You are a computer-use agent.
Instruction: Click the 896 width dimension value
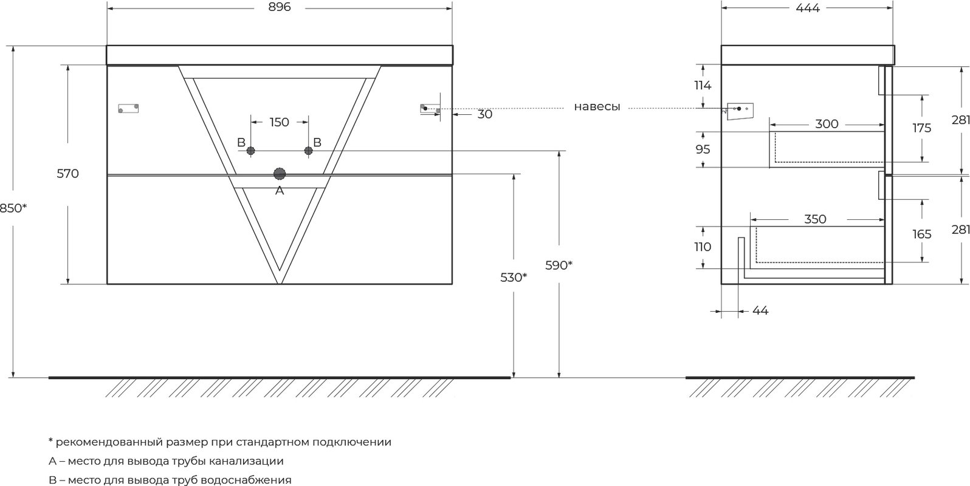pos(280,7)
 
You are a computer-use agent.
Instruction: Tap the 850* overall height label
pos(13,208)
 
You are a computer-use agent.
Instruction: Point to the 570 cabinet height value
pos(68,174)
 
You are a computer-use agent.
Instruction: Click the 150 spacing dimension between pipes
pos(280,123)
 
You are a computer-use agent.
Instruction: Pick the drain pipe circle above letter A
pos(280,174)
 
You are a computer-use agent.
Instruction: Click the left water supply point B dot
pos(251,151)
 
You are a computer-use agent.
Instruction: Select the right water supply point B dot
pos(308,151)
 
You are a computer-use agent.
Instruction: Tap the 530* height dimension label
pos(514,278)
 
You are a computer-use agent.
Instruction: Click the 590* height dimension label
pos(559,265)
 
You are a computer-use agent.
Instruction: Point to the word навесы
pos(597,107)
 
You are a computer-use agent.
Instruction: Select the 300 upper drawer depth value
pos(827,124)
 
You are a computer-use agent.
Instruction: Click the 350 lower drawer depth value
pos(816,219)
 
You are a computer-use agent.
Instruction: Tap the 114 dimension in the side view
pos(703,86)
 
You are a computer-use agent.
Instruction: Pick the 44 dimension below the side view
pos(760,310)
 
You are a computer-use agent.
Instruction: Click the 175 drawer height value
pos(921,128)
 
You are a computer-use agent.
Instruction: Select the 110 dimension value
pos(703,247)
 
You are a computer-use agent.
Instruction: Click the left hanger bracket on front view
pos(129,108)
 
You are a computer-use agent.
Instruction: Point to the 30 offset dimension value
pos(485,114)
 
